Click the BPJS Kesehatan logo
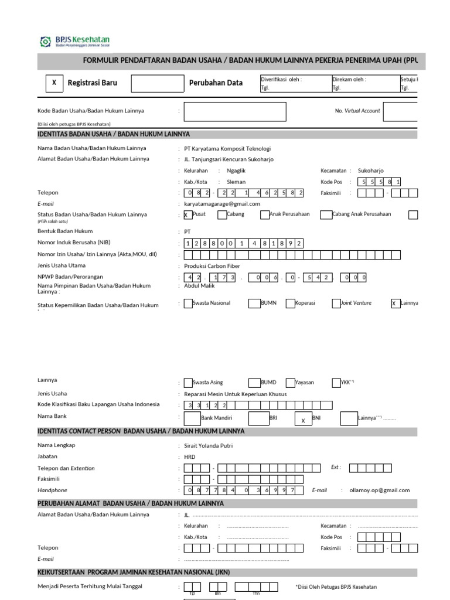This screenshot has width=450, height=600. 74,42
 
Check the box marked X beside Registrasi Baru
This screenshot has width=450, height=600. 54,83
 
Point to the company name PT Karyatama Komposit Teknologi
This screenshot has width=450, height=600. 227,148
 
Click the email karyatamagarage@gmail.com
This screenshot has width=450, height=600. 218,203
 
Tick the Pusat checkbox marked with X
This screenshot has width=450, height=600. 187,215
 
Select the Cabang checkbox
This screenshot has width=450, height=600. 222,214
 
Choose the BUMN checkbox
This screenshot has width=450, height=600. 254,303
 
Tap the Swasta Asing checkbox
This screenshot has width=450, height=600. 187,383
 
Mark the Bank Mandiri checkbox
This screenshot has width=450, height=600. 192,418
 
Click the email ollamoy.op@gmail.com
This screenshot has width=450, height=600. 380,490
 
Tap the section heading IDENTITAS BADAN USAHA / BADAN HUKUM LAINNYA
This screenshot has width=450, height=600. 114,134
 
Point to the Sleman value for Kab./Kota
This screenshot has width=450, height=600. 236,182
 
